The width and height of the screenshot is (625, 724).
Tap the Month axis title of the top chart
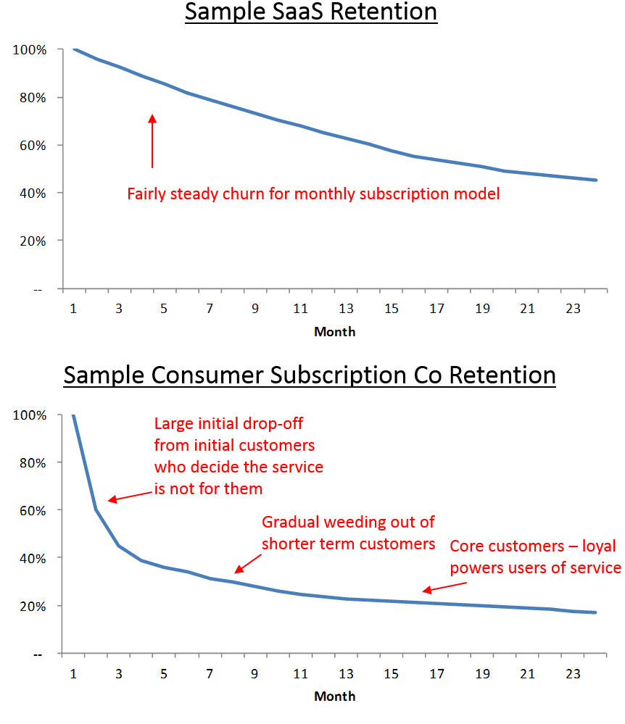click(x=334, y=331)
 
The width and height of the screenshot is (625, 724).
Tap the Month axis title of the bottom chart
click(x=334, y=696)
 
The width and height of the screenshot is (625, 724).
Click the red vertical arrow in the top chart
click(x=152, y=141)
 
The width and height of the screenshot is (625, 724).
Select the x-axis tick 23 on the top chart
click(x=573, y=309)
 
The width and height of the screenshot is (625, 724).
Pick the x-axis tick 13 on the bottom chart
click(x=346, y=673)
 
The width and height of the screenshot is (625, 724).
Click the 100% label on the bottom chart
click(x=30, y=415)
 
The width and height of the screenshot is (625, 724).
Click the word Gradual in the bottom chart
click(x=289, y=523)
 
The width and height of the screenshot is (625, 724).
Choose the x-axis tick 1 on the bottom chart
click(x=73, y=673)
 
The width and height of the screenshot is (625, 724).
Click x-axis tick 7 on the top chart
click(x=210, y=309)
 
